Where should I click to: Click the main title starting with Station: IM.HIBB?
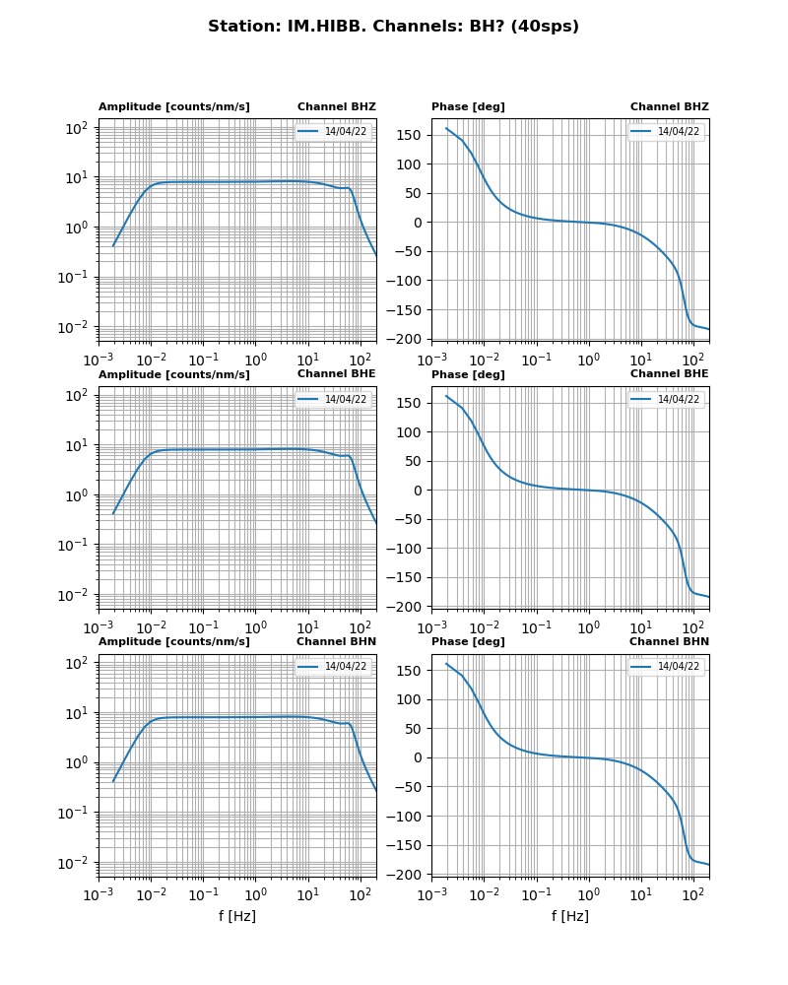pos(393,27)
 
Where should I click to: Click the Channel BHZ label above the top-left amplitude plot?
pos(336,106)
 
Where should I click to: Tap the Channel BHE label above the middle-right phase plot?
pos(669,373)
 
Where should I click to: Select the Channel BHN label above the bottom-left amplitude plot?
pos(336,641)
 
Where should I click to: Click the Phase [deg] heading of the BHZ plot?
pos(468,106)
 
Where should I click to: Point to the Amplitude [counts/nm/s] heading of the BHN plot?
pos(173,641)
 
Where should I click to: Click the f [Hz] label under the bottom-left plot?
pos(236,916)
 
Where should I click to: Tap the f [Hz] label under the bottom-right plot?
pos(569,916)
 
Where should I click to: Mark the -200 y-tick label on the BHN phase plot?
pos(408,875)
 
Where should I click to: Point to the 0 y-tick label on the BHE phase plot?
pos(419,491)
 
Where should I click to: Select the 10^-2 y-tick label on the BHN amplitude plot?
pos(77,863)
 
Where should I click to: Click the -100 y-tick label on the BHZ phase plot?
pos(408,281)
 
